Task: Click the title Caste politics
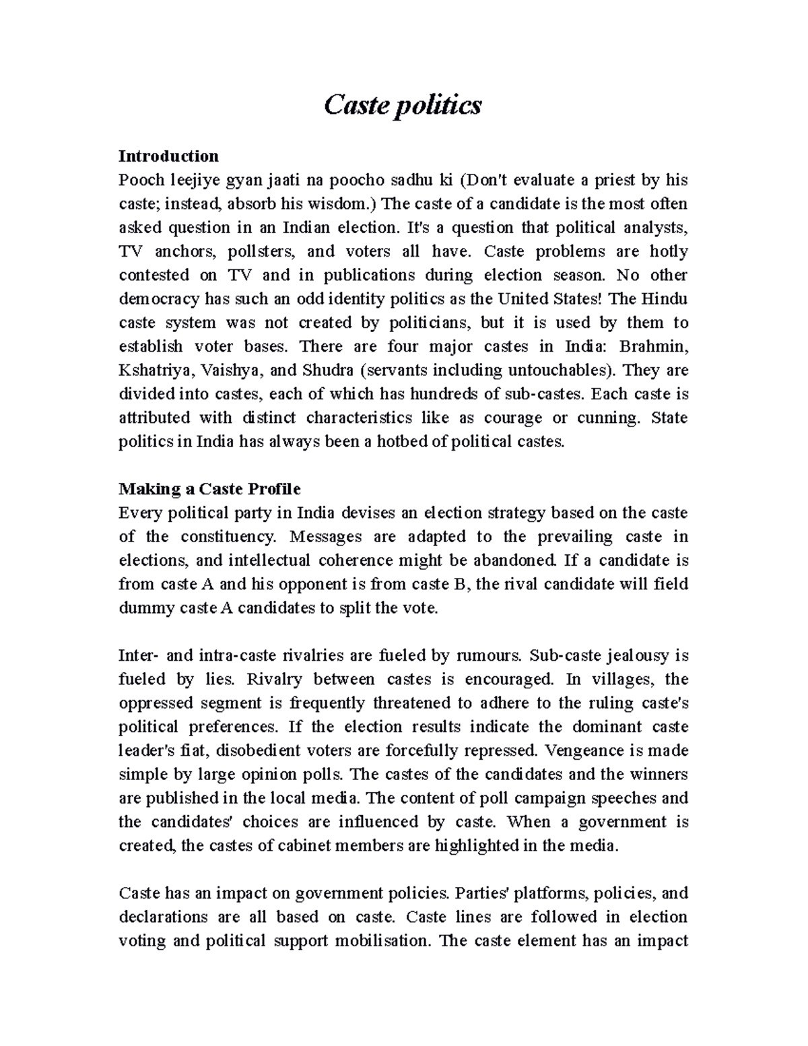pos(403,106)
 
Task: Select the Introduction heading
pos(168,156)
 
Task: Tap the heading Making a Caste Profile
pos(209,489)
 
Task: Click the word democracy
pos(159,299)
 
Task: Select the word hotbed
pos(426,442)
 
